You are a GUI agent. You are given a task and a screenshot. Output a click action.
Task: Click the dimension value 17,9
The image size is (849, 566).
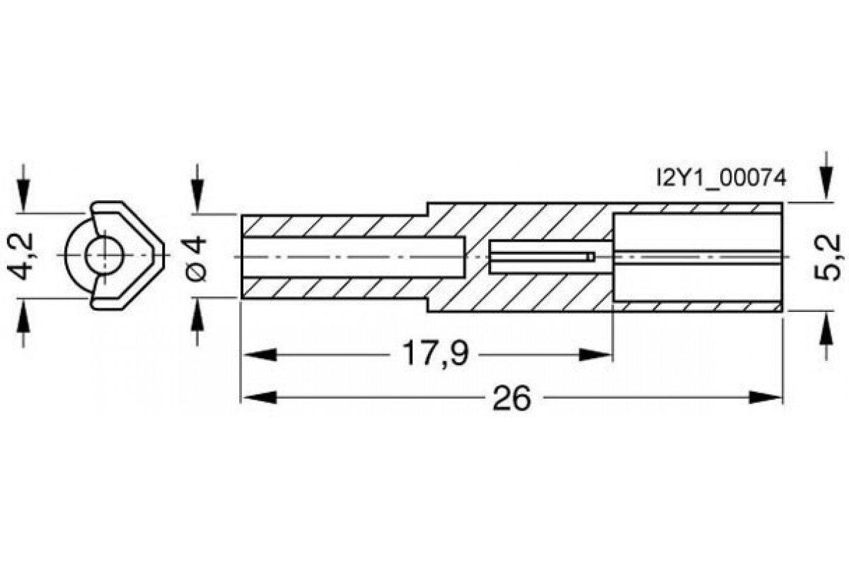[x=434, y=354]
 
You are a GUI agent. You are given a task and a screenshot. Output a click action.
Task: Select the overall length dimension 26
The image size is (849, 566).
[x=512, y=398]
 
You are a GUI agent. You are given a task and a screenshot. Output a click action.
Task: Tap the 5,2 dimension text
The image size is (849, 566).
[x=829, y=258]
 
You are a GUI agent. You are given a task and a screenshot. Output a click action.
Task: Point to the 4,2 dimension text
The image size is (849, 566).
[x=21, y=255]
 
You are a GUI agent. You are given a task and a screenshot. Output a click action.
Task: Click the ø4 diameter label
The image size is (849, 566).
[x=197, y=258]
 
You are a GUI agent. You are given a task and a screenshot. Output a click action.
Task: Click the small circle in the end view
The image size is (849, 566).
[x=104, y=255]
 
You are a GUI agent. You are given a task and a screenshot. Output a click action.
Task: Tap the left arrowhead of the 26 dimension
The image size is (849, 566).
[x=260, y=398]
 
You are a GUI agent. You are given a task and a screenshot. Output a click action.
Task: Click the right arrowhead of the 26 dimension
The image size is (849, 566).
[x=766, y=398]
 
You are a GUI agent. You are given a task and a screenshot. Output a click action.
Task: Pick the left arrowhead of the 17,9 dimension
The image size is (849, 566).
[x=260, y=355]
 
